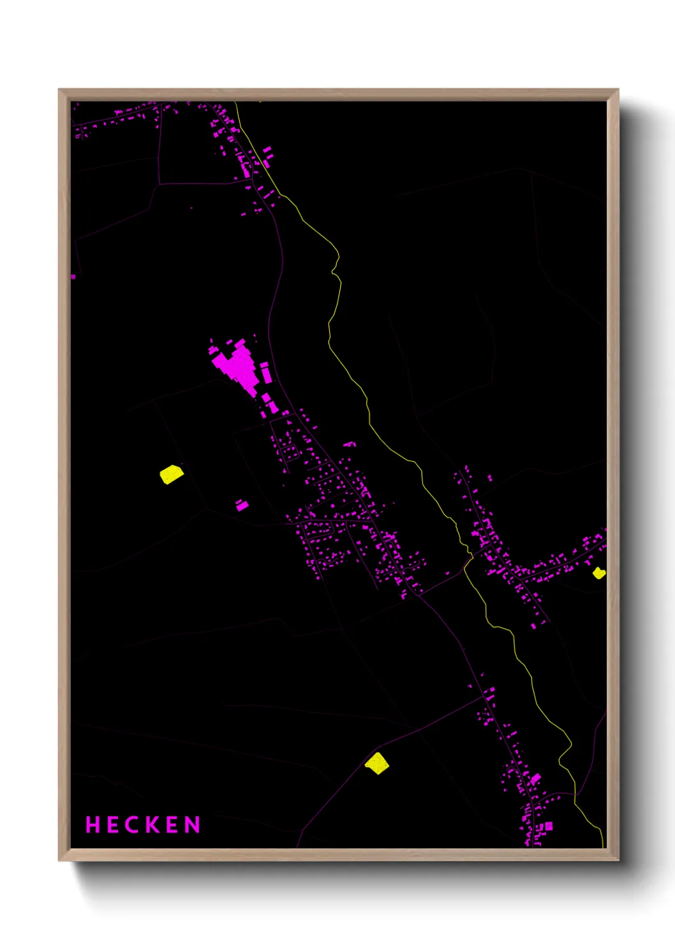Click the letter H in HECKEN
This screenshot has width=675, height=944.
tap(93, 825)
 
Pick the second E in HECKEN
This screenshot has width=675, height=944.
tap(173, 825)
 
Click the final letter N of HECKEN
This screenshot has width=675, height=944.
tap(193, 825)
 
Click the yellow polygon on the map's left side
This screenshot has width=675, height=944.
tap(171, 475)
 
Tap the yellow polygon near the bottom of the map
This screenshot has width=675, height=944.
tap(377, 763)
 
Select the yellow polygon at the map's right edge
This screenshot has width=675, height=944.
tap(598, 573)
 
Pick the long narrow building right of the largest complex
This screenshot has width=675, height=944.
tap(265, 372)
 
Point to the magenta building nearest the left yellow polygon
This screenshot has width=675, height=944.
tap(242, 505)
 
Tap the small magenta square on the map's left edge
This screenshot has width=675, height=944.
tap(73, 276)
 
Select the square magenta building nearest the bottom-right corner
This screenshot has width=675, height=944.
tap(548, 826)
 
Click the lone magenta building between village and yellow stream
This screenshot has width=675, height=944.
tap(349, 444)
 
